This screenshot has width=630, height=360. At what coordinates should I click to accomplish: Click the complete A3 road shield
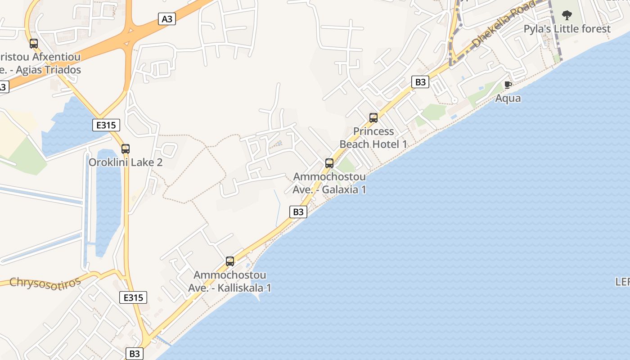coord(167,19)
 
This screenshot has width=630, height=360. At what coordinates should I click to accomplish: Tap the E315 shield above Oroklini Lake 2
coord(106,125)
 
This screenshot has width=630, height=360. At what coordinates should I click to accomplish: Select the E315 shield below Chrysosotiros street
coord(133,297)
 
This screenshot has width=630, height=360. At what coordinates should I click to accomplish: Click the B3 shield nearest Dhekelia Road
coord(420,82)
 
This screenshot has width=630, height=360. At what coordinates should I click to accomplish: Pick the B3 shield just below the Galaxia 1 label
coord(298,212)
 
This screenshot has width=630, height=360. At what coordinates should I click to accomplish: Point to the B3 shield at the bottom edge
coord(135,353)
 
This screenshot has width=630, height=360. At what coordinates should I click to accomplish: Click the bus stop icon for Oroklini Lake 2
coord(126,149)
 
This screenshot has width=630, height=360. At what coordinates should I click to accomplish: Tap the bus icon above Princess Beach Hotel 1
coord(373,118)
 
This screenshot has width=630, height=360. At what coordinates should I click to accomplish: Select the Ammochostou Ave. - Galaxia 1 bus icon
coord(329,163)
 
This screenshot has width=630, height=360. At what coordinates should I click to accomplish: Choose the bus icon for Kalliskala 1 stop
coord(230,261)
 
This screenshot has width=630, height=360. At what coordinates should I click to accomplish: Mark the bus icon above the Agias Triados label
coord(34,44)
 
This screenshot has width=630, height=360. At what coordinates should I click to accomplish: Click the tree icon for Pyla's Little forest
coord(567,16)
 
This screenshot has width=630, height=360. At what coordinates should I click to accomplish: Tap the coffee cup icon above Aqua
coord(508,85)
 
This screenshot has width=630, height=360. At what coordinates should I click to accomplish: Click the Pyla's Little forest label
coord(567,29)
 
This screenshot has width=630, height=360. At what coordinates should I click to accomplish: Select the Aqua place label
coord(508,98)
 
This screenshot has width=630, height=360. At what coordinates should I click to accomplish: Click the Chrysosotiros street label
coord(45,282)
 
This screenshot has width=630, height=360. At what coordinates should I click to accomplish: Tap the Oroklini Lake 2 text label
coord(126,162)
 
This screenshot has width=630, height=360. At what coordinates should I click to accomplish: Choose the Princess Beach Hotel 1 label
coord(373,138)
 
